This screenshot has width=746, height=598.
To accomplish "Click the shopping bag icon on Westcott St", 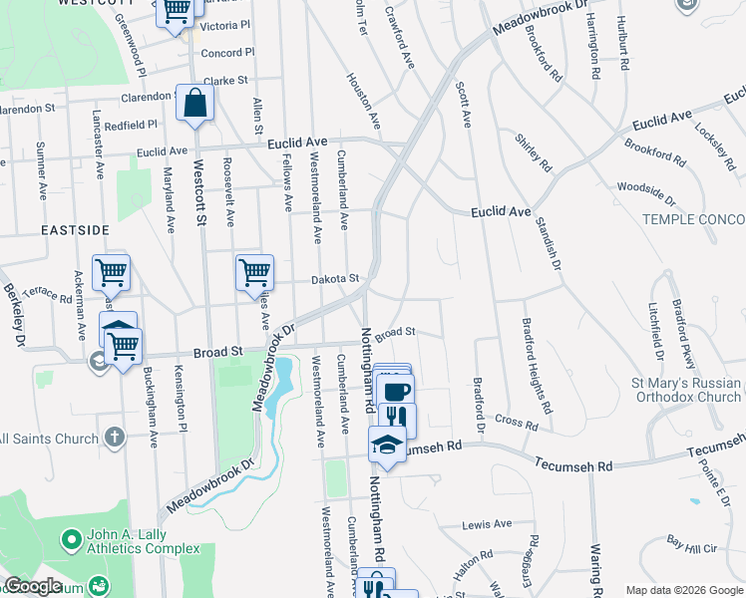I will (x=195, y=103).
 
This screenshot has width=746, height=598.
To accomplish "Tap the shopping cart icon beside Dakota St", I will (x=254, y=272).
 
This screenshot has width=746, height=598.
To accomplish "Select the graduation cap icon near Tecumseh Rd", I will (x=387, y=445).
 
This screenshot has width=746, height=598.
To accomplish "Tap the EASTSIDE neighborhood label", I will (x=75, y=229).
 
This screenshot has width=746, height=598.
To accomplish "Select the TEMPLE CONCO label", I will (x=693, y=218).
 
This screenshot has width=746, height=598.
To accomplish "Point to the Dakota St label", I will (x=332, y=280).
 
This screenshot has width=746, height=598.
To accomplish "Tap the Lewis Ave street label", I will (x=487, y=523).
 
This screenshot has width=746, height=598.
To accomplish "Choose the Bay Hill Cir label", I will (x=692, y=546).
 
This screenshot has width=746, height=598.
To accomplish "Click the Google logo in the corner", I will (x=33, y=586).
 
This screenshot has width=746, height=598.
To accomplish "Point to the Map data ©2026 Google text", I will (x=682, y=589).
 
